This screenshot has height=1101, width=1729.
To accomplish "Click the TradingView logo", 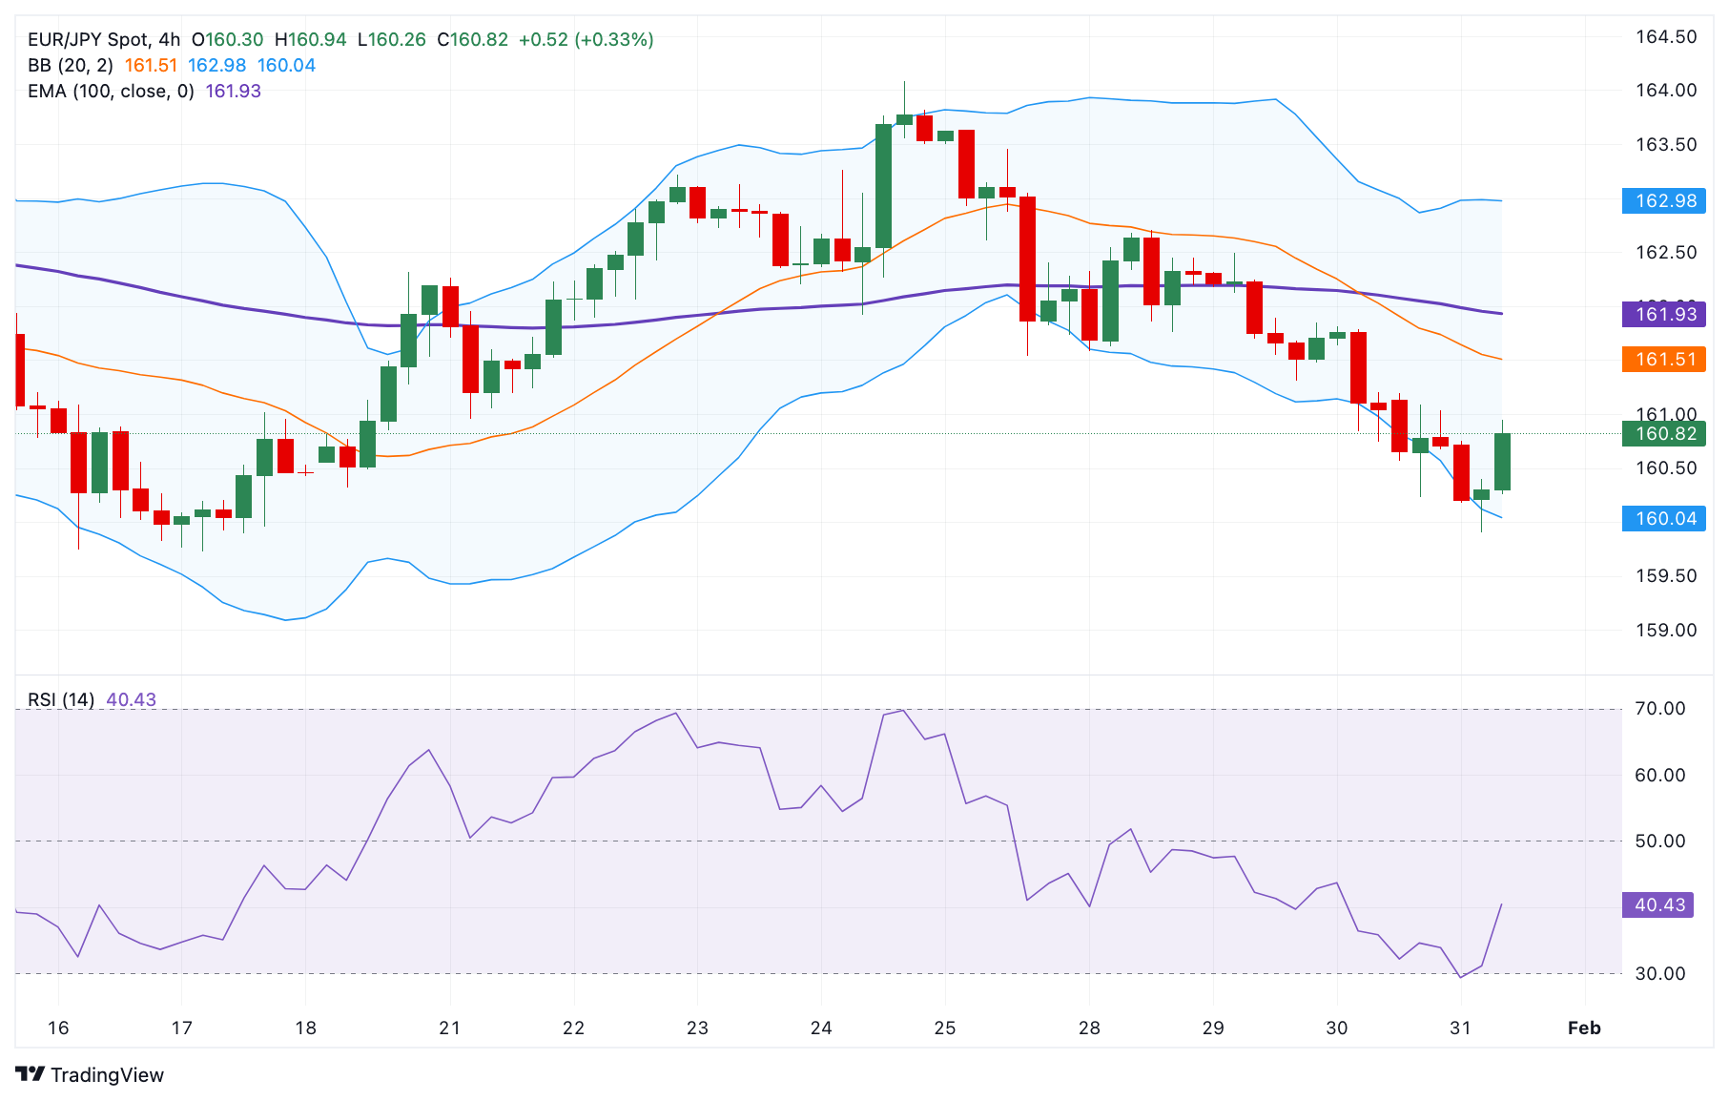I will [x=90, y=1074].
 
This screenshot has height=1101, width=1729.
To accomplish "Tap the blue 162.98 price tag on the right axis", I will [x=1664, y=200].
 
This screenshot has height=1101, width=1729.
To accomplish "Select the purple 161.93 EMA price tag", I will [x=1664, y=314].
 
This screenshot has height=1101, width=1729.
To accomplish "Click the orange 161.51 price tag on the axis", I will [x=1664, y=359].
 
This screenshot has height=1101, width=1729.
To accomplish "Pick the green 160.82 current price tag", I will [x=1664, y=433].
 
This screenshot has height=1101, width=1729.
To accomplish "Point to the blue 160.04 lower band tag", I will [x=1664, y=518].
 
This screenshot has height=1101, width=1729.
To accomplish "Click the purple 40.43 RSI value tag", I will [x=1658, y=904].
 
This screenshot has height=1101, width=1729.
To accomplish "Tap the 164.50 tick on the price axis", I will [x=1665, y=36].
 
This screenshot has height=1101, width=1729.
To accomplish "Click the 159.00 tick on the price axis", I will [x=1665, y=630].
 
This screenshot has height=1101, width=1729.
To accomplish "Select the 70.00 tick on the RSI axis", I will [x=1659, y=708].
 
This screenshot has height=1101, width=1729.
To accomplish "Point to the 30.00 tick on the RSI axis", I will [x=1659, y=973].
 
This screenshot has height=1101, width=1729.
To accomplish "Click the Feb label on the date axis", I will [x=1584, y=1028].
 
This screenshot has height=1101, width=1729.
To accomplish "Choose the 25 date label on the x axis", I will [x=944, y=1028].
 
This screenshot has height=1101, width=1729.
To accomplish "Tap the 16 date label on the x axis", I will [x=58, y=1028].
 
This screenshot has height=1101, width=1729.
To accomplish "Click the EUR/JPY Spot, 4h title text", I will [x=104, y=39].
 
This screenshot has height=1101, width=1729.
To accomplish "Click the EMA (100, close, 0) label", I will [x=111, y=91].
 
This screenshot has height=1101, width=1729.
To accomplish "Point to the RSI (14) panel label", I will [x=61, y=699].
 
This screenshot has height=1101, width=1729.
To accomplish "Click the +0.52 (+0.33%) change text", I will [x=586, y=39].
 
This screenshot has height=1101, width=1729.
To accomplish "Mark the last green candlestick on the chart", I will [x=1502, y=462].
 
